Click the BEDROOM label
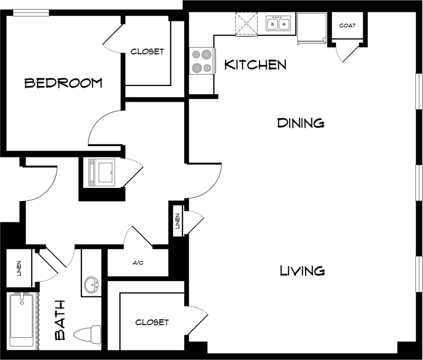pyautogui.click(x=63, y=83)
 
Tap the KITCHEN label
pyautogui.click(x=255, y=64)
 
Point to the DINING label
pyautogui.click(x=300, y=123)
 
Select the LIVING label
pyautogui.click(x=302, y=271)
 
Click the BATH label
pyautogui.click(x=61, y=320)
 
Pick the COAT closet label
pyautogui.click(x=347, y=26)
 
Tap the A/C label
pyautogui.click(x=138, y=263)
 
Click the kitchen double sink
pyautogui.click(x=278, y=23)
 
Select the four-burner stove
pyautogui.click(x=202, y=61)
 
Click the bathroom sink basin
pyautogui.click(x=92, y=284)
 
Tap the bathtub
pyautogui.click(x=22, y=319)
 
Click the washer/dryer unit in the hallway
pyautogui.click(x=102, y=172)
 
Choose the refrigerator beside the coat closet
pyautogui.click(x=311, y=27)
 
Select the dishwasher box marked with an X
pyautogui.click(x=246, y=23)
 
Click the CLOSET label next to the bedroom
pyautogui.click(x=147, y=52)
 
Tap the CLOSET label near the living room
pyautogui.click(x=152, y=322)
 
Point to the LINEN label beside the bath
pyautogui.click(x=19, y=268)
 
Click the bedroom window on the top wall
pyautogui.click(x=31, y=13)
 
